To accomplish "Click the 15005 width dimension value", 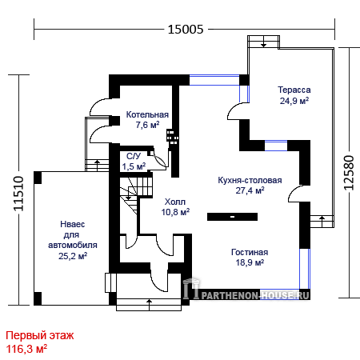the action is click(186, 29).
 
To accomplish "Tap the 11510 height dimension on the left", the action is click(18, 194).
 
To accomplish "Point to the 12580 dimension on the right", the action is click(349, 173).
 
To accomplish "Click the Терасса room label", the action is click(294, 90).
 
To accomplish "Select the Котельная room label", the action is click(147, 114).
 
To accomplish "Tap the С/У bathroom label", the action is click(134, 156).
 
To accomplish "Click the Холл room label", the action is click(175, 202).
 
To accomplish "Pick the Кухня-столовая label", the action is click(250, 180).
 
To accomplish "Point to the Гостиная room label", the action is click(250, 252).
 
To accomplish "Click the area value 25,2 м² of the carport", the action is click(73, 256).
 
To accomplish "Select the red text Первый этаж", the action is click(40, 335).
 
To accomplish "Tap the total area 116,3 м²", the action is click(26, 349).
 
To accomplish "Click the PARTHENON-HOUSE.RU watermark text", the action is click(255, 295).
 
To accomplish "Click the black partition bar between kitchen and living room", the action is click(232, 217).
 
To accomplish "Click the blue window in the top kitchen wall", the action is click(214, 80).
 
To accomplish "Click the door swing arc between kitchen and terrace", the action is click(234, 110).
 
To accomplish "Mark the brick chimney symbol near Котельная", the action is click(173, 138).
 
